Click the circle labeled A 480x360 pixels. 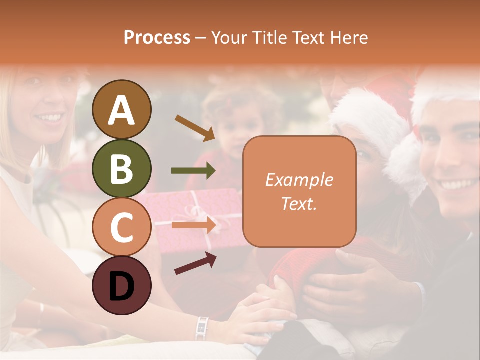pos(121,109)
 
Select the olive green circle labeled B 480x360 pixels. pos(121,168)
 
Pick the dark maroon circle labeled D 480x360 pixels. pos(121,285)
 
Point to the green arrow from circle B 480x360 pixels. pos(193,171)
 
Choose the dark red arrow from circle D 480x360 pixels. pos(195,263)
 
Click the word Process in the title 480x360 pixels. pos(157,37)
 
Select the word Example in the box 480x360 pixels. pos(299,180)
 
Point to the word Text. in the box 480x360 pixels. pos(299,203)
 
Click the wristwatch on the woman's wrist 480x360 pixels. pos(202,328)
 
